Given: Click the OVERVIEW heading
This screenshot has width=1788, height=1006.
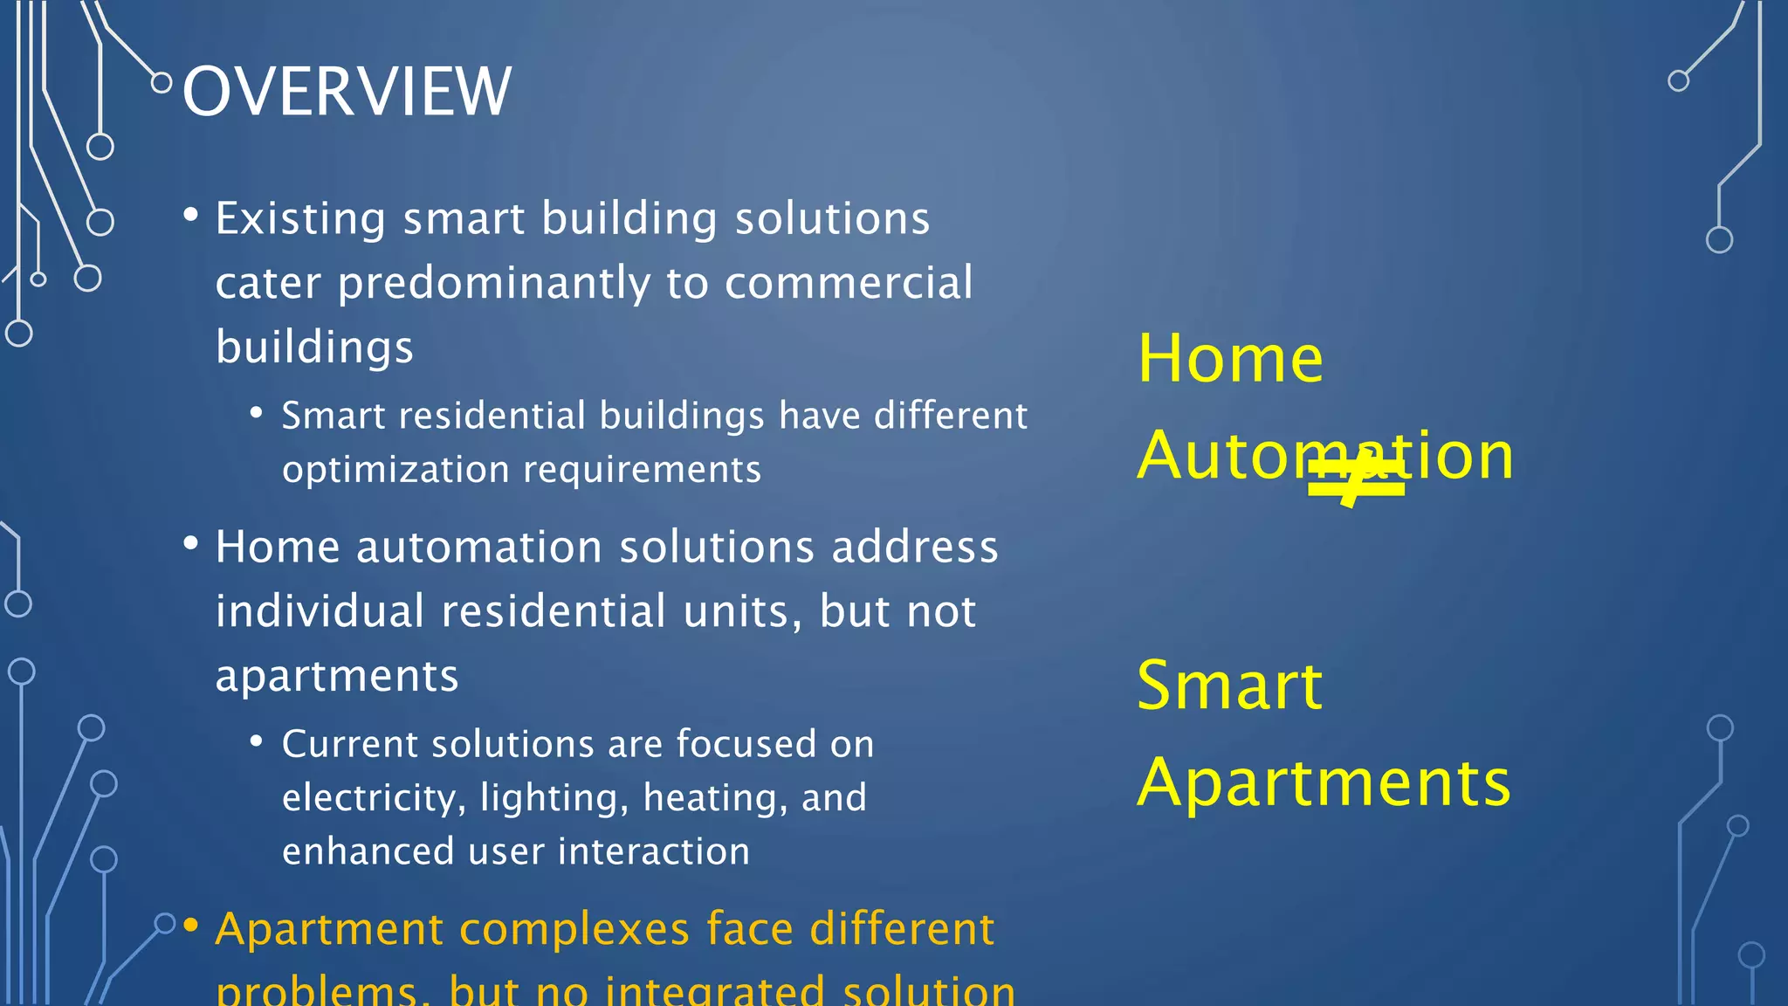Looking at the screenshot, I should tap(347, 92).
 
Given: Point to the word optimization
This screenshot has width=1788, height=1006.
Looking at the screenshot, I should tap(395, 471).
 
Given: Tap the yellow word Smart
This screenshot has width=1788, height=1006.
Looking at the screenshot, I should tap(1229, 686).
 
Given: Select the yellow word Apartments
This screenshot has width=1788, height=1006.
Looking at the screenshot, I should tap(1324, 782).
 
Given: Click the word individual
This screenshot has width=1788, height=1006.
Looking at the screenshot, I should tap(320, 610).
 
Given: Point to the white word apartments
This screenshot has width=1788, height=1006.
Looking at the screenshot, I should tap(337, 677).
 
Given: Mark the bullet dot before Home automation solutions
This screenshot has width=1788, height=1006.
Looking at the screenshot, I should tap(191, 544).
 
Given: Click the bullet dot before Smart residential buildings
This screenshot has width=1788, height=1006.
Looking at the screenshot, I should tap(257, 412).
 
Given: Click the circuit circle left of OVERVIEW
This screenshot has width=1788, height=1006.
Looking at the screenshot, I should tap(162, 83).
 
